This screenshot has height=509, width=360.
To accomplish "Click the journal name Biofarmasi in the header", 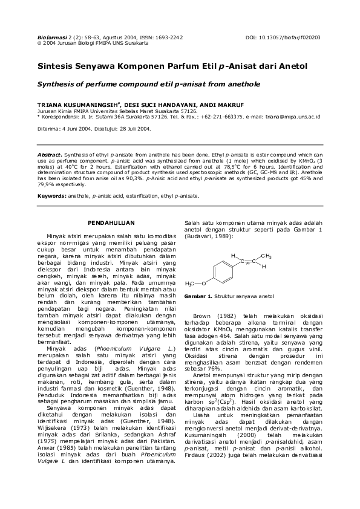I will tap(51, 37).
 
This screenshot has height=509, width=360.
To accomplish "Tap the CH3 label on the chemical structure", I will tap(267, 256).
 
